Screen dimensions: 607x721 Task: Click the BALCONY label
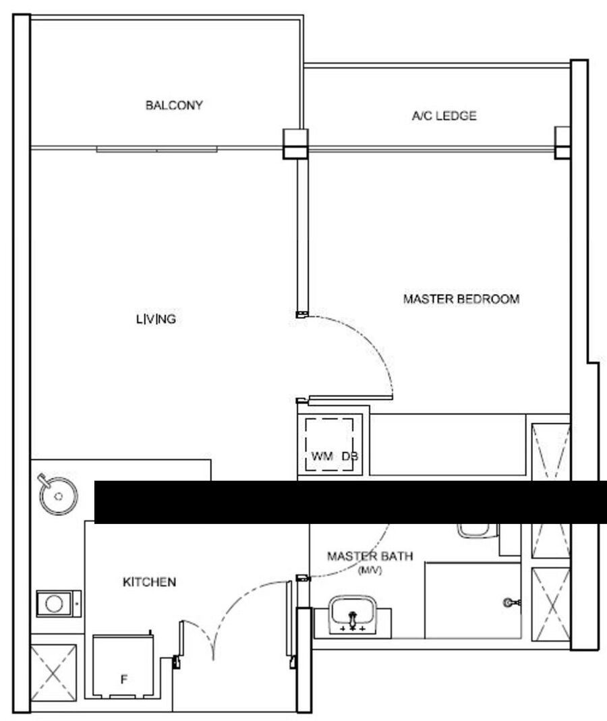click(x=174, y=105)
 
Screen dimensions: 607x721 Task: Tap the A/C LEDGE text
click(x=444, y=115)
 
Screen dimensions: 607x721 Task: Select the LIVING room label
click(x=156, y=318)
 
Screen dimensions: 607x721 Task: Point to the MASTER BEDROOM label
click(x=461, y=299)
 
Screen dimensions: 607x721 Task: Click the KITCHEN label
click(x=150, y=582)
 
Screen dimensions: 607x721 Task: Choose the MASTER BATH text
click(x=370, y=556)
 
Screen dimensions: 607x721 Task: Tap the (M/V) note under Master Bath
click(x=370, y=571)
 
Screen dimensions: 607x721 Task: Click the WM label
click(x=322, y=456)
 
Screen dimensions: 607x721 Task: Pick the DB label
click(x=349, y=456)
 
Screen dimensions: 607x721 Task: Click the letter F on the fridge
click(x=123, y=679)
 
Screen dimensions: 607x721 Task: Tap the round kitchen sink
click(x=58, y=495)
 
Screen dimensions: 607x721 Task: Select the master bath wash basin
click(x=352, y=615)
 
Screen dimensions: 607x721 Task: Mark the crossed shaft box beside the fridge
click(x=53, y=673)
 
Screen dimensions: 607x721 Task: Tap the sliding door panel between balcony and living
click(x=156, y=149)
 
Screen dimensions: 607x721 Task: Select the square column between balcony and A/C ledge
click(x=295, y=144)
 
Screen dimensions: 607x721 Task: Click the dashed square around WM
click(x=330, y=444)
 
